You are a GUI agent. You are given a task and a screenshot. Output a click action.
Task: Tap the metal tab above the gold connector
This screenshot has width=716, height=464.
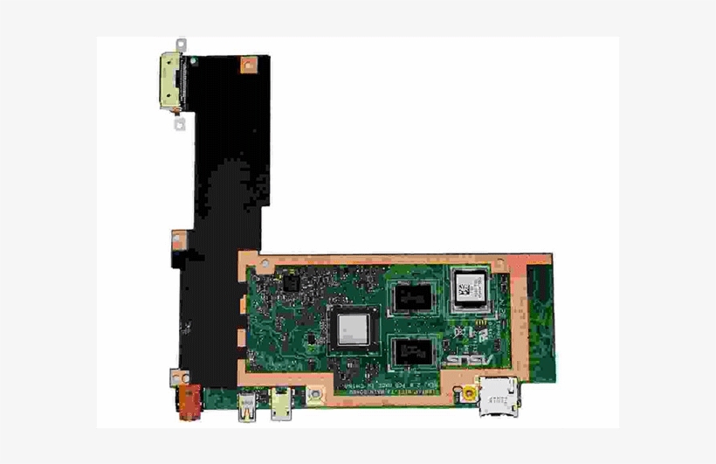click(x=181, y=44)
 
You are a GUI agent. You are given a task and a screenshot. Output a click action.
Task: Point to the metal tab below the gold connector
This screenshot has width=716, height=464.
click(x=180, y=124)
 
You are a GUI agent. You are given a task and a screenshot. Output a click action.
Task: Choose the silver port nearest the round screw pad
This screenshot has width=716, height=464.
click(x=281, y=403)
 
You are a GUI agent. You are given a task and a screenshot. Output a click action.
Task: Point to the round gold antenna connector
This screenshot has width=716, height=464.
click(x=470, y=395)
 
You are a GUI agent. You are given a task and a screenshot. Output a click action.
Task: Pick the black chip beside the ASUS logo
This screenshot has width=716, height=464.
click(x=412, y=351)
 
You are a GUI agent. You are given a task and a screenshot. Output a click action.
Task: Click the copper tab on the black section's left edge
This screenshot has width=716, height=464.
click(x=177, y=237)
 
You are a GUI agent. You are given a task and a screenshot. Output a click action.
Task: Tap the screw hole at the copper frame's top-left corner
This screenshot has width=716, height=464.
click(x=247, y=260)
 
